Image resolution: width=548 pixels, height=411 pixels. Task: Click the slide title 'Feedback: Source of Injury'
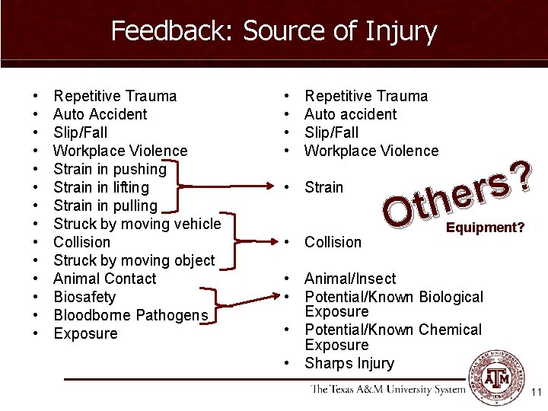(x=274, y=32)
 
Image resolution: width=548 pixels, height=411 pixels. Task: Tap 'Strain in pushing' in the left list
(x=110, y=169)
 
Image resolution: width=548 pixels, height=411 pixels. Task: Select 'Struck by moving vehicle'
(x=137, y=224)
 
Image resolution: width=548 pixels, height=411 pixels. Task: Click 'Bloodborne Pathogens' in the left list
(x=130, y=315)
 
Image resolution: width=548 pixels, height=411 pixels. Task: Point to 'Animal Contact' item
(x=105, y=279)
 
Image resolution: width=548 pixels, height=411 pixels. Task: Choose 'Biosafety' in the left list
(x=84, y=297)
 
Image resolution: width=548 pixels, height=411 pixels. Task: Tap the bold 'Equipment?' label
(x=485, y=228)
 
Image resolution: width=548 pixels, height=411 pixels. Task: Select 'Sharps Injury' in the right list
(x=349, y=364)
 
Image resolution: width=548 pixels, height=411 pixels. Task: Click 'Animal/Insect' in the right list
(x=350, y=279)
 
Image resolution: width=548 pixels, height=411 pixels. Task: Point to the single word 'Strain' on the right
(x=323, y=187)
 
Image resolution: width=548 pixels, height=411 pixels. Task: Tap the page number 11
(x=536, y=393)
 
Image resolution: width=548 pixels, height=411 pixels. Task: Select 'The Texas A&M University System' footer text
(x=388, y=390)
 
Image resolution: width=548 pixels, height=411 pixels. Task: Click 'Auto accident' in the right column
(x=350, y=114)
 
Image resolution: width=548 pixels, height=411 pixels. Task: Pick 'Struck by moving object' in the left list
(x=134, y=260)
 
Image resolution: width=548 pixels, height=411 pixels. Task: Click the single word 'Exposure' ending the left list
(x=85, y=333)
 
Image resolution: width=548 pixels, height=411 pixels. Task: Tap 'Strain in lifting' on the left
(x=101, y=187)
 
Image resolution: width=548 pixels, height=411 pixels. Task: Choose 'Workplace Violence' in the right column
(x=371, y=151)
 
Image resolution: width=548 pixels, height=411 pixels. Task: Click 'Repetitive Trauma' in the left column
(x=115, y=96)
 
